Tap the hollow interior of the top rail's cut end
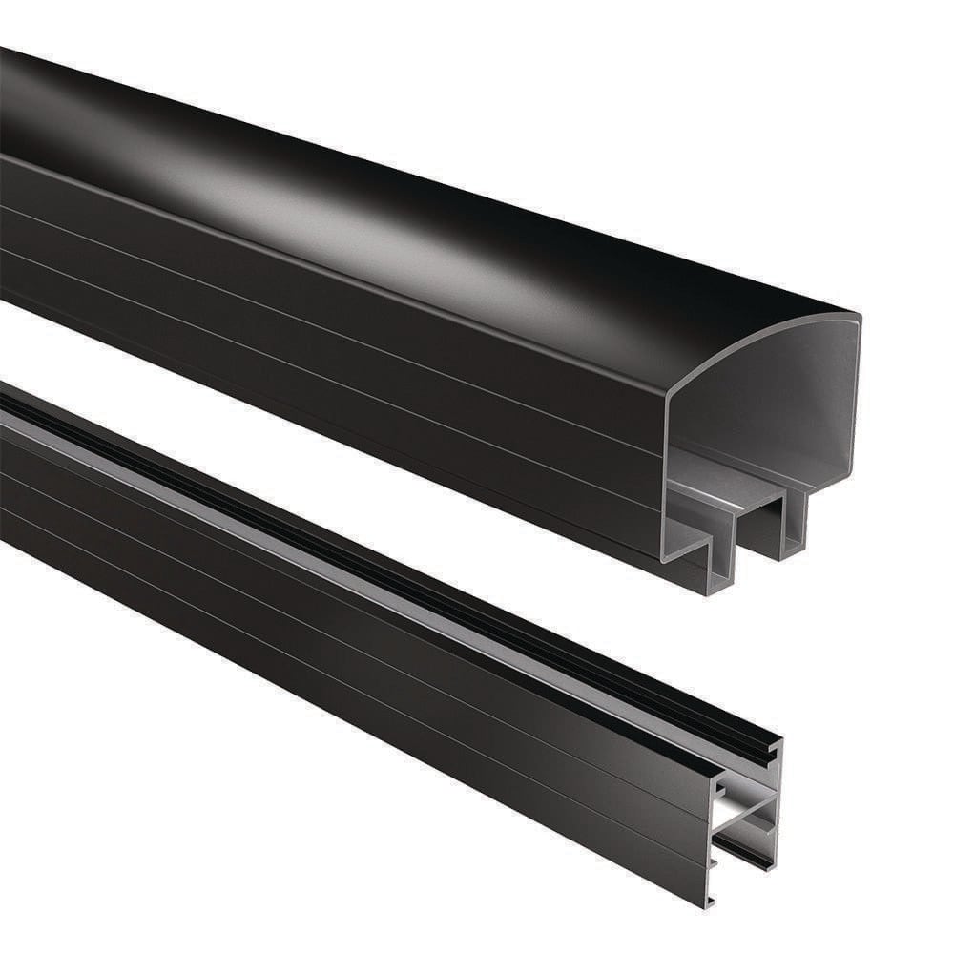click(763, 401)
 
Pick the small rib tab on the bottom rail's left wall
click(715, 863)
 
